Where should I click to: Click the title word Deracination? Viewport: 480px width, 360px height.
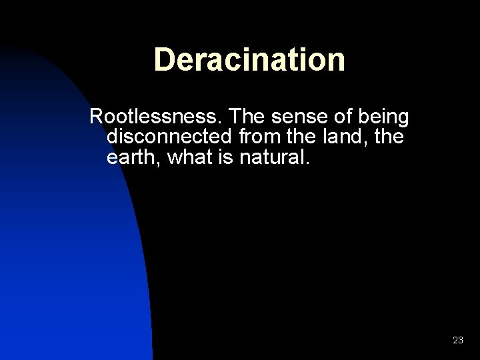[x=249, y=59]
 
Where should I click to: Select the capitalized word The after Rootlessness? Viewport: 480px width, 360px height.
[x=248, y=117]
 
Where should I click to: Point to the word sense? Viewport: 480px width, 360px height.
[x=301, y=117]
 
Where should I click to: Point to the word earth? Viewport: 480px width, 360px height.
[x=133, y=159]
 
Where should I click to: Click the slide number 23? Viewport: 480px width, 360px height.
[x=458, y=340]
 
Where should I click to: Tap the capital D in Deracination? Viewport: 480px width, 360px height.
[x=164, y=59]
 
